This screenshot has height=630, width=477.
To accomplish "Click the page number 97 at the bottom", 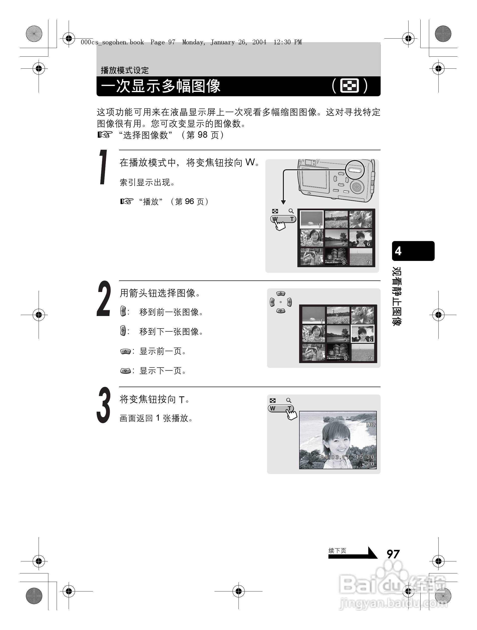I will (x=393, y=554).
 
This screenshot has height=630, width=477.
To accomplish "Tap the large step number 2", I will (x=103, y=299).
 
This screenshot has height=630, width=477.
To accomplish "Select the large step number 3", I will (x=103, y=405).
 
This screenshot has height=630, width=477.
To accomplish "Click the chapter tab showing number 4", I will (x=413, y=251).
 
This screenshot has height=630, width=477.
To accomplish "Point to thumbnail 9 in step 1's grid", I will (x=361, y=257).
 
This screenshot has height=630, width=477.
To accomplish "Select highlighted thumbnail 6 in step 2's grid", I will (x=363, y=334).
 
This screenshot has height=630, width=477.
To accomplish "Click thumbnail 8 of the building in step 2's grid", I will (x=338, y=352).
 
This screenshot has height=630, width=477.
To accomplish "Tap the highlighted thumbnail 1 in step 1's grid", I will (x=312, y=219).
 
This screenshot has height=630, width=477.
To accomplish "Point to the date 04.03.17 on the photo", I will (x=335, y=457).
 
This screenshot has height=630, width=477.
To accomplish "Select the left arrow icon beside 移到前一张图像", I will (x=123, y=311).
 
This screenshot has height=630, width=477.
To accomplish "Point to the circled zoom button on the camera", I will (x=355, y=170).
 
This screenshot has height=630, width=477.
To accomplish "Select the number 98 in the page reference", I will (x=202, y=135).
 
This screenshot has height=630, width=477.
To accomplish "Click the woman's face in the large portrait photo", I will (x=336, y=440).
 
